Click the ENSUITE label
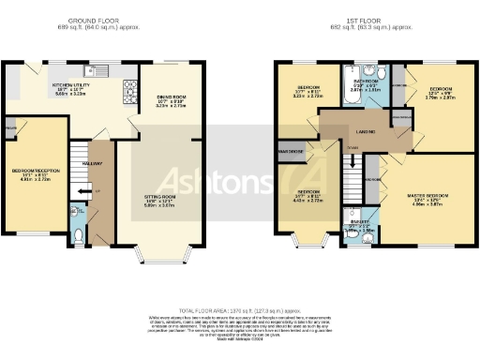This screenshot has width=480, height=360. pos(356,221)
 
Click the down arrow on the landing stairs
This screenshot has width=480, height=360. pos(352,161)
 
